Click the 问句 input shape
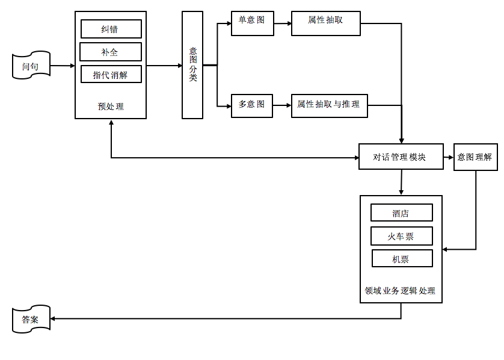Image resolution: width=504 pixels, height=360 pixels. click(x=31, y=66)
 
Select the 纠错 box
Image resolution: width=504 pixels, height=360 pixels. click(x=111, y=29)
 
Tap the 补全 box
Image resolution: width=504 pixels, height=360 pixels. click(x=111, y=52)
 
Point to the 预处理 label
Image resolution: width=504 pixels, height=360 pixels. click(x=111, y=107)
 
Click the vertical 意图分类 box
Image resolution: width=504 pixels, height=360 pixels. click(x=192, y=65)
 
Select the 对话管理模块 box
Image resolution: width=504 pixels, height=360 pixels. click(x=401, y=157)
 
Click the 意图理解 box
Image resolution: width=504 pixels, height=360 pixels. click(x=475, y=157)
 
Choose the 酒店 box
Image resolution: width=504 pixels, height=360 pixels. click(x=401, y=213)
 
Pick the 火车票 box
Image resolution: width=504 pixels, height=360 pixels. click(x=401, y=235)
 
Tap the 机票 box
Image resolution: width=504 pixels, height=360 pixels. click(x=401, y=258)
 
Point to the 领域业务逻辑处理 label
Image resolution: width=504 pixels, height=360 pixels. click(x=401, y=291)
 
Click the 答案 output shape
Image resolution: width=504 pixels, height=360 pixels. click(x=31, y=318)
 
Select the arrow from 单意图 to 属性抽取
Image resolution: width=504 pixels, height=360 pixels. click(x=282, y=23)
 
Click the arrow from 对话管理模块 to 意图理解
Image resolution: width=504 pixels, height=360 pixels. click(x=449, y=157)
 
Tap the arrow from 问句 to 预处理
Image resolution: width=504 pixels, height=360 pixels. click(x=63, y=66)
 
